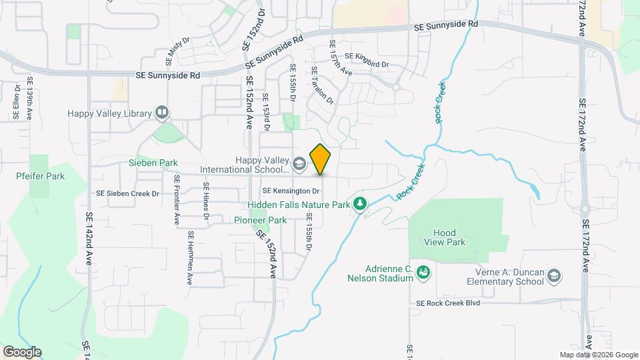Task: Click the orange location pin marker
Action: tap(321, 159)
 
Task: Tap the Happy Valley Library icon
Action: tap(161, 113)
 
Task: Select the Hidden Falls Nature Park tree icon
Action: tap(360, 203)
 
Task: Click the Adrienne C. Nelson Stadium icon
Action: tap(422, 271)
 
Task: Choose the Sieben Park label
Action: tap(153, 163)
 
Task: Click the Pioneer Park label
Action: tap(260, 220)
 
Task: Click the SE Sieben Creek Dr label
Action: tap(128, 194)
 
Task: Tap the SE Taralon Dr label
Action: tap(321, 85)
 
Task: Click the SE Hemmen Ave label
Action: tap(190, 258)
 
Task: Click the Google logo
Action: tap(22, 351)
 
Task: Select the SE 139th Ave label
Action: tap(29, 98)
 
